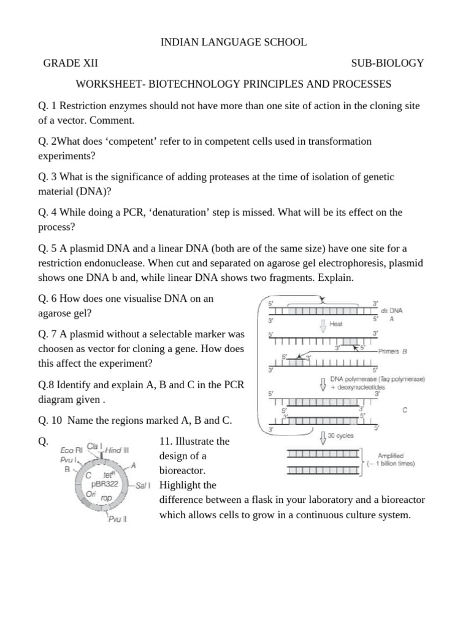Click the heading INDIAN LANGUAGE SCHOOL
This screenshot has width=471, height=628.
pos(233,42)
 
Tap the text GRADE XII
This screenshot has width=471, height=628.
pos(71,63)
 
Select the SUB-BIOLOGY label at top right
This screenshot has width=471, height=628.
pos(387,63)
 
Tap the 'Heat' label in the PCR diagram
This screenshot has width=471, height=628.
pos(336,324)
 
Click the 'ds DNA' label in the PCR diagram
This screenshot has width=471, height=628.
pos(392,311)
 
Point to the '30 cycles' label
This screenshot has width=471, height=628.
pos(342,437)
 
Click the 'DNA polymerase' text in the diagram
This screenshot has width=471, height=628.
pos(356,379)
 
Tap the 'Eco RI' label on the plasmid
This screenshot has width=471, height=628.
pos(71,450)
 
